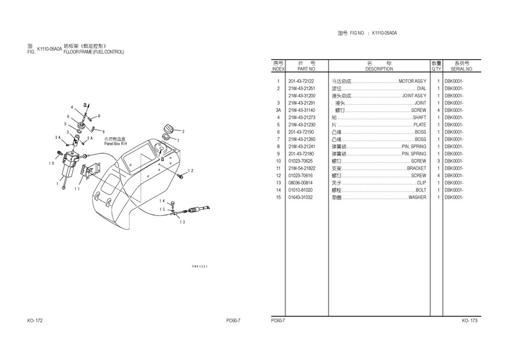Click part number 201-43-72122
301,81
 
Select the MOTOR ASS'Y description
411,81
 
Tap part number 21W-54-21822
301,168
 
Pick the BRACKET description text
416,168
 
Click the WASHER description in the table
417,198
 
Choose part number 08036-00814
301,183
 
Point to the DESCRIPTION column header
379,69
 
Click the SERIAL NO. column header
462,69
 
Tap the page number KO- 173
470,321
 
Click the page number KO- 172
35,321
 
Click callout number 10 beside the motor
52,163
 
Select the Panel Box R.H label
115,144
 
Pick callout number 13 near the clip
181,222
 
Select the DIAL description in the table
421,88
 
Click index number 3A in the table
278,110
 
